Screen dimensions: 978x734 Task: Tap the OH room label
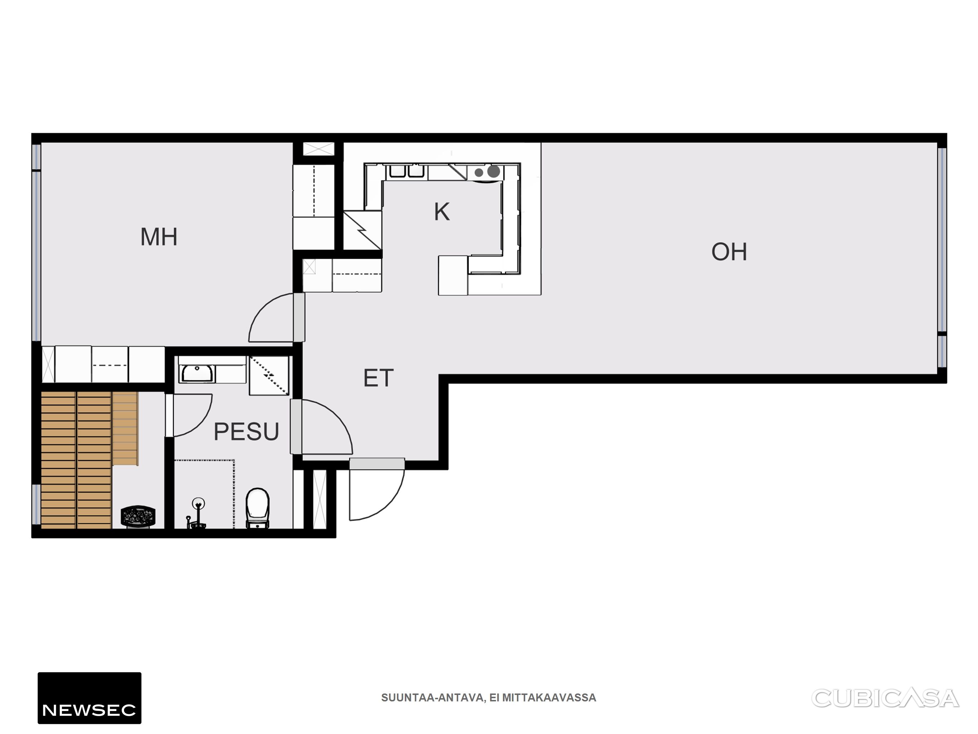point(729,252)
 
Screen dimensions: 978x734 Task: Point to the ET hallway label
point(378,378)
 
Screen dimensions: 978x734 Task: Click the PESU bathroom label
point(246,432)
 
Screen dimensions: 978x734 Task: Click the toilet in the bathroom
point(257,508)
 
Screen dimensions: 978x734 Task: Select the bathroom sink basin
point(197,374)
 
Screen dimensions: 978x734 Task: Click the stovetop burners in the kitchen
point(488,172)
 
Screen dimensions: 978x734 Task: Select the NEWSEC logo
point(89,698)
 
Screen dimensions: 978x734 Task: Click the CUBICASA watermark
point(885,699)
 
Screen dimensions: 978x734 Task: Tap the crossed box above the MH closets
point(318,149)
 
